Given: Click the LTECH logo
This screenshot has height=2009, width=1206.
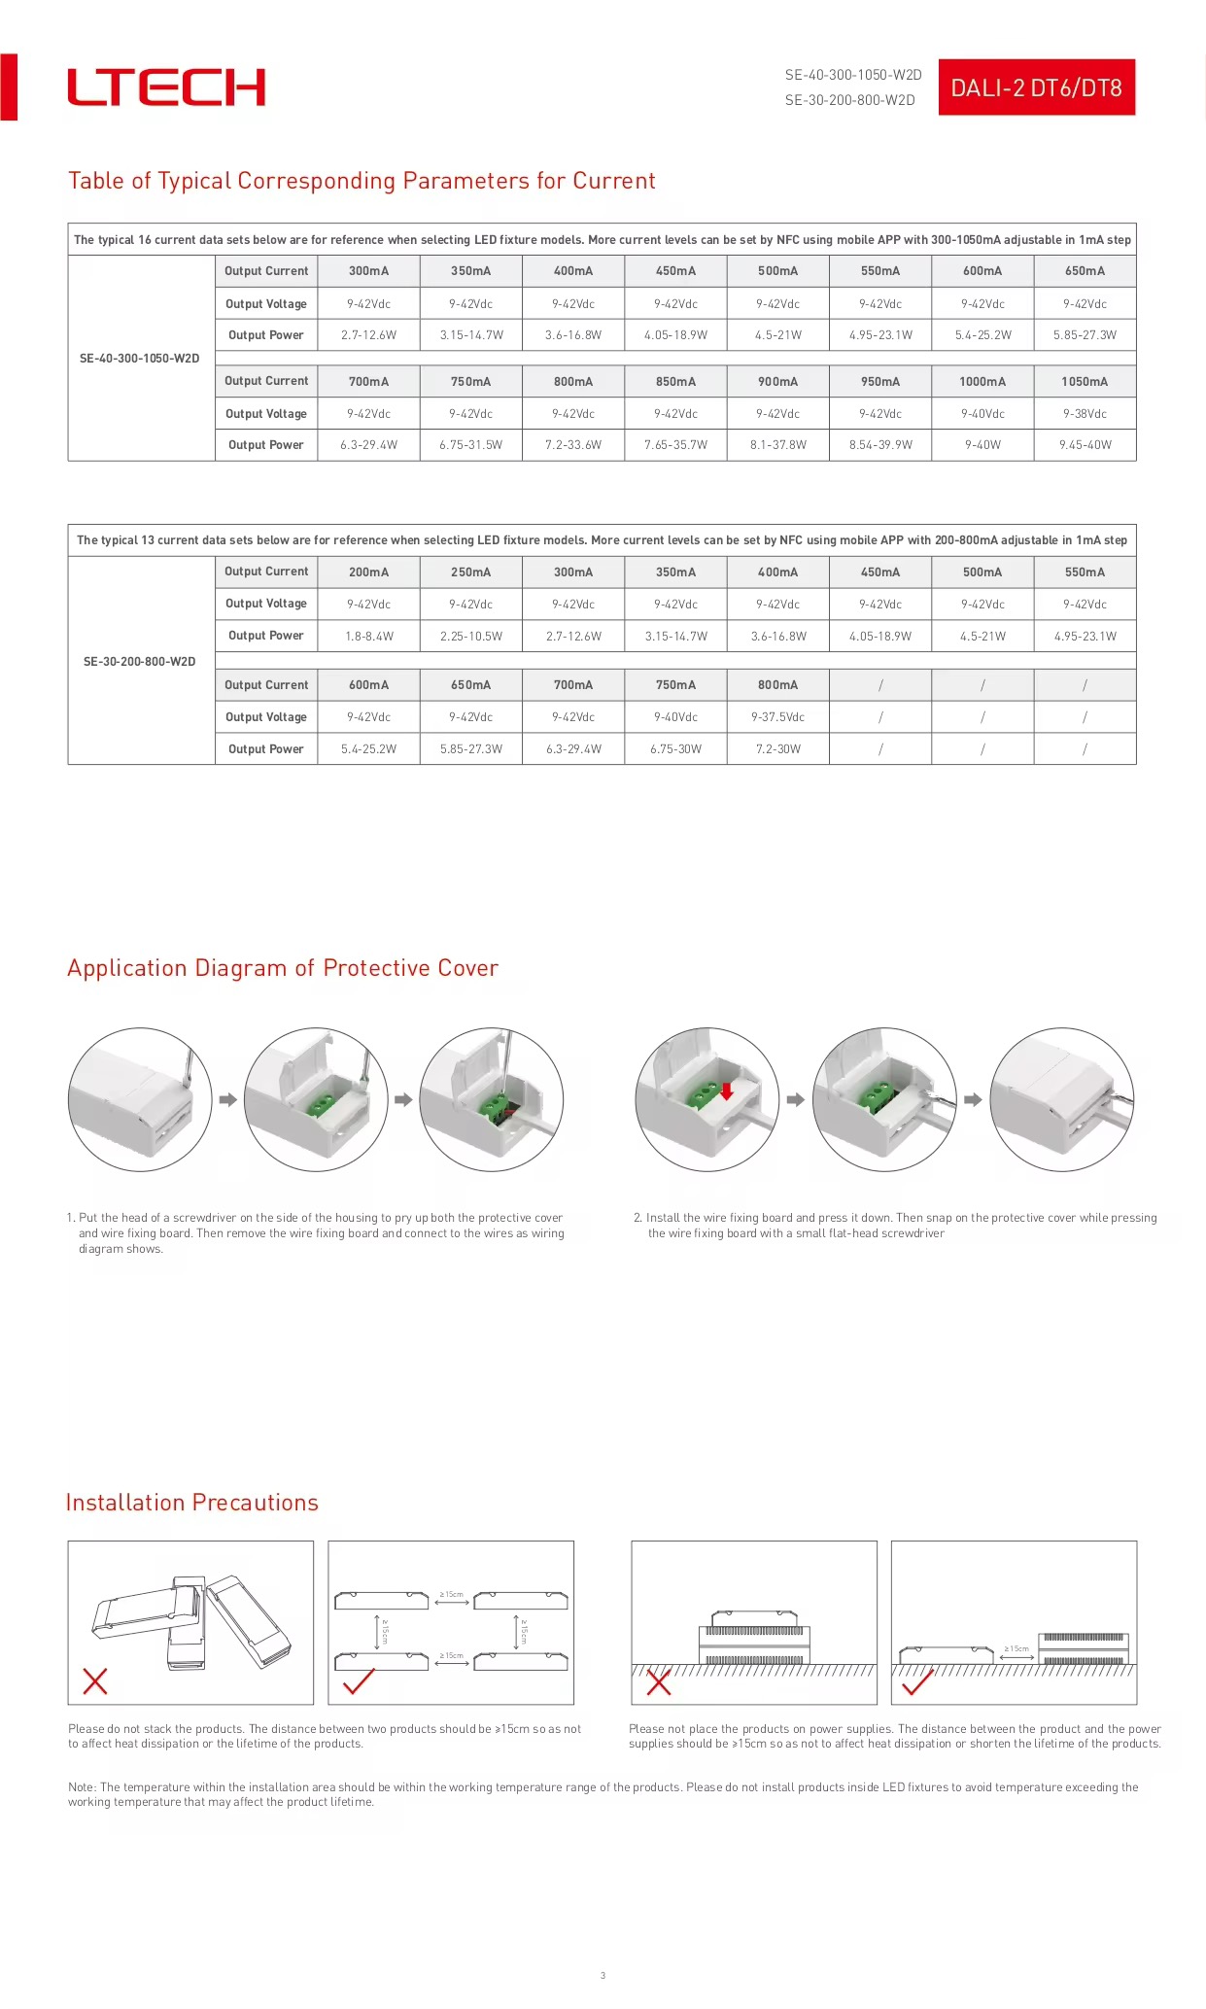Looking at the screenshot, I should pos(166,87).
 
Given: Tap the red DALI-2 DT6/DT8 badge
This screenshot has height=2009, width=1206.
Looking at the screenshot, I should pos(1036,88).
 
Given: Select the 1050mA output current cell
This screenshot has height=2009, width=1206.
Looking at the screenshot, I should pos(1085,382).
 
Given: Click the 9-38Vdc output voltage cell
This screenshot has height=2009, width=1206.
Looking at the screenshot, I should pos(1085,414).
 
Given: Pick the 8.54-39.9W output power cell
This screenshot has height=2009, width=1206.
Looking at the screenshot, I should pos(880,445).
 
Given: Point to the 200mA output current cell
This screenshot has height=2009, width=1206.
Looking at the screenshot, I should pos(368,572).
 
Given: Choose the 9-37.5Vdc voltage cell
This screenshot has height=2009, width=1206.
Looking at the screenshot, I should pos(777,717).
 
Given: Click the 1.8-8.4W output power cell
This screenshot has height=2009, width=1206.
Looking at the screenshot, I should pos(368,637).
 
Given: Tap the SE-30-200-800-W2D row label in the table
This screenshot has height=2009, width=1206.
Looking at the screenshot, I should pos(140,662).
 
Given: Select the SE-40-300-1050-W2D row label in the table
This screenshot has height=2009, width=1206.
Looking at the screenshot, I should pos(140,359).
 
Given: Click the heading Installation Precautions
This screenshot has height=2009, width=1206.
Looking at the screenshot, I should pos(192,1503).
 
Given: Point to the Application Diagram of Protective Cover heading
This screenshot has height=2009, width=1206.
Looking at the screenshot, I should pos(283,968).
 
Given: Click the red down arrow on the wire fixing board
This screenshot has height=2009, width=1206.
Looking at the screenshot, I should pos(726,1091).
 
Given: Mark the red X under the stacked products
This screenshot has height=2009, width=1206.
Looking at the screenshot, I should pos(95,1681).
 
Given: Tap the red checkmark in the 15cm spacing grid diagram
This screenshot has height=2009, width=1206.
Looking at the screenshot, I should pos(359,1681).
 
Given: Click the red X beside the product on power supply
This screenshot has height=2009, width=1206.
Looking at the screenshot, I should pos(659,1682).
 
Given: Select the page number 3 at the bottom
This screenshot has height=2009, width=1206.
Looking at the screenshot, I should pos(603,1975).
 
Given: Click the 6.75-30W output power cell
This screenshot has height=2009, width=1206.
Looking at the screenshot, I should pos(675,749).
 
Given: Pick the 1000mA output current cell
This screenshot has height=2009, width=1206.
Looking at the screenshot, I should pos(982,382).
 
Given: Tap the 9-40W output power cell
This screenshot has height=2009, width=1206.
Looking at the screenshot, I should pos(982,445).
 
